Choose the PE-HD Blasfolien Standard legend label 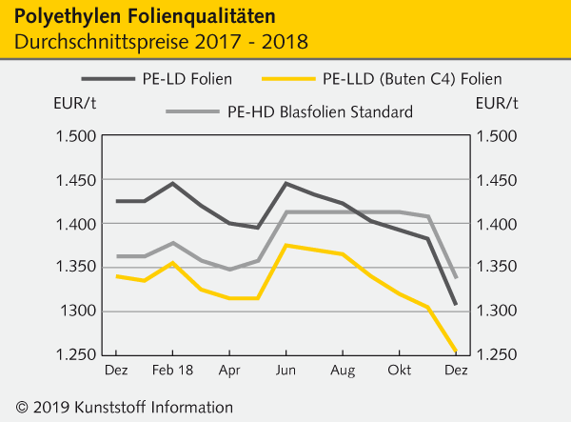click(x=320, y=112)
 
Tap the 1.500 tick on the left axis click(x=77, y=136)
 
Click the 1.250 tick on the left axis click(x=77, y=355)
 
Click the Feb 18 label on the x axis click(x=173, y=369)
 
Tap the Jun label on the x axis click(x=285, y=369)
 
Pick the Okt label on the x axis click(x=399, y=369)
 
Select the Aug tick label click(x=343, y=369)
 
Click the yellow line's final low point click(x=455, y=350)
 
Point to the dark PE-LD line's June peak click(x=285, y=183)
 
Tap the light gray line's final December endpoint click(x=455, y=277)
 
